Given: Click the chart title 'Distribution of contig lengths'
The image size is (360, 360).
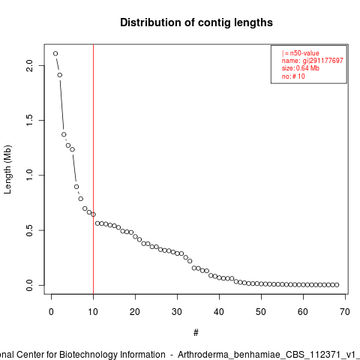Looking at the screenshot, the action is coord(196,22).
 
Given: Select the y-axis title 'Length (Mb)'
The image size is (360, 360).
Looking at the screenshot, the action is coord(7,169).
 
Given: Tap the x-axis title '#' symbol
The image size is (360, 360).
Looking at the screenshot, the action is coord(196,333).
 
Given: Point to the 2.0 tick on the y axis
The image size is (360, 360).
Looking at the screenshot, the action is coord(30,66).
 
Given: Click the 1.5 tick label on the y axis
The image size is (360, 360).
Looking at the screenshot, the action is coord(30,120).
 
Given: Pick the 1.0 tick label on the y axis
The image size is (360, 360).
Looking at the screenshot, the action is coord(30,175).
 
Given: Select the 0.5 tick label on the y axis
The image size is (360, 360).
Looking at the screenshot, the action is coord(30,230).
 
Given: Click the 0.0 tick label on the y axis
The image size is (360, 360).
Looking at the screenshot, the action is coord(30,285).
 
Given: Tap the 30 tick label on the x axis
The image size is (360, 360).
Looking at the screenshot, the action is coord(177,312).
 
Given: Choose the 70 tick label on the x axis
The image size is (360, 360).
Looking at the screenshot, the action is coord(345,312).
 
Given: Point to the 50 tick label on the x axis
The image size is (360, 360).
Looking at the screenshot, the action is coord(261,312).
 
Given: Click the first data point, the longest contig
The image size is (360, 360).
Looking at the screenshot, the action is coord(55,53).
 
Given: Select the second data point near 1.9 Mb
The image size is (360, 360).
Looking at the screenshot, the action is coord(60,75).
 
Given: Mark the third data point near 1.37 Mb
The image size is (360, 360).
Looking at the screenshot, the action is coord(64,134).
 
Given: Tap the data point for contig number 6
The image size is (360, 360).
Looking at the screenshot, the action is coord(76,187).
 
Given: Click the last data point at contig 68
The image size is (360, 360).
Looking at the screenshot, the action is coord(337,285).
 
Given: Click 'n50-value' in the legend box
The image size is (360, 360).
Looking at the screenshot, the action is coord(304,53).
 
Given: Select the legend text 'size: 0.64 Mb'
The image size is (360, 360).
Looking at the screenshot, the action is coord(301,68).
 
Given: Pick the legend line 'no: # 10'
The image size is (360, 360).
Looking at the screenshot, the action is coord(293,76).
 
